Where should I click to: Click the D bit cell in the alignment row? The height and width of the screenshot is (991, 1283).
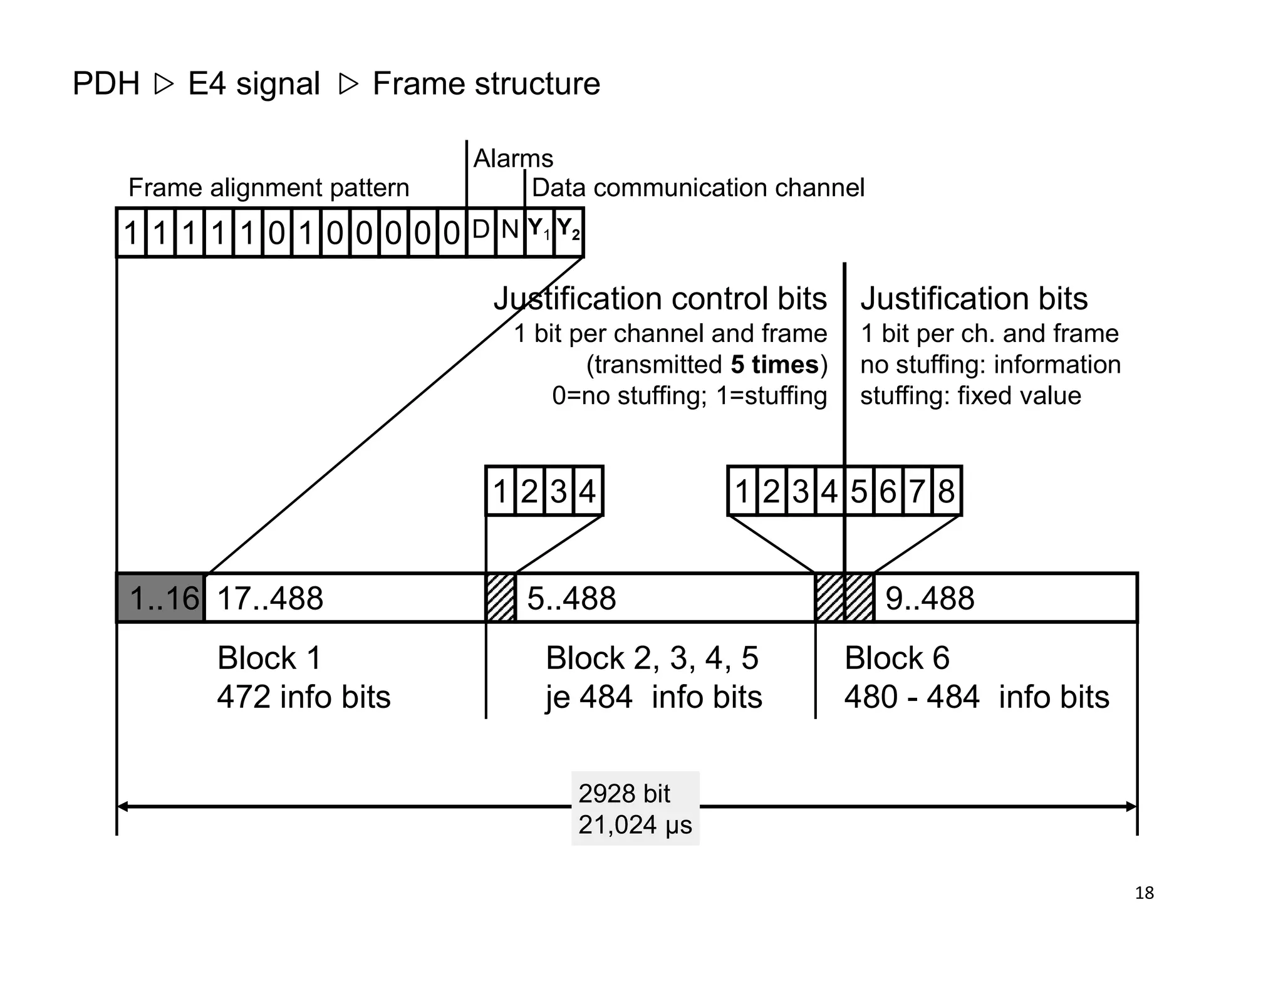point(480,232)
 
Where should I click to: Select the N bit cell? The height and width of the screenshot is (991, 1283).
point(510,232)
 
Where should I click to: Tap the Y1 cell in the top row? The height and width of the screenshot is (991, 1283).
point(539,232)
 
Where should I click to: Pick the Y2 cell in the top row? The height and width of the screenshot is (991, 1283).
point(568,232)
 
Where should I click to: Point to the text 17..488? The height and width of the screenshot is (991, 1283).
point(270,598)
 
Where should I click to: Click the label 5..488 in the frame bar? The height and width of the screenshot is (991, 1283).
point(571,598)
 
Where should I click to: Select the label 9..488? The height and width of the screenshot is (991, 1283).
point(930,598)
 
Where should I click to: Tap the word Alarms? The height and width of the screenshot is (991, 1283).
point(513,158)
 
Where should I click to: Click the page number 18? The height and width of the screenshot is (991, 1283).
point(1144,893)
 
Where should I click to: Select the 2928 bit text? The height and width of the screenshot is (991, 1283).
point(624,794)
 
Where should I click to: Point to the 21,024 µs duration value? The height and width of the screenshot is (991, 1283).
point(635,825)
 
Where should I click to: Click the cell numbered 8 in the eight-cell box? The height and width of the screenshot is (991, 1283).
point(946,491)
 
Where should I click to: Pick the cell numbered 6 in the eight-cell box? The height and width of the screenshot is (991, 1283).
point(888,491)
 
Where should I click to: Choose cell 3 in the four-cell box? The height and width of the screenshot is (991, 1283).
point(559,491)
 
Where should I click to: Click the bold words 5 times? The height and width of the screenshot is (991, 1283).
point(774,365)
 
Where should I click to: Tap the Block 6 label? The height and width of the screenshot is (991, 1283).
point(896,658)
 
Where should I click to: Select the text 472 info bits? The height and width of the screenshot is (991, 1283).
point(304,697)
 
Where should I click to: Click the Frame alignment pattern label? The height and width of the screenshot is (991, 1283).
point(268,188)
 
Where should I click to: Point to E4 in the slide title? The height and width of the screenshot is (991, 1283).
point(207,84)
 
